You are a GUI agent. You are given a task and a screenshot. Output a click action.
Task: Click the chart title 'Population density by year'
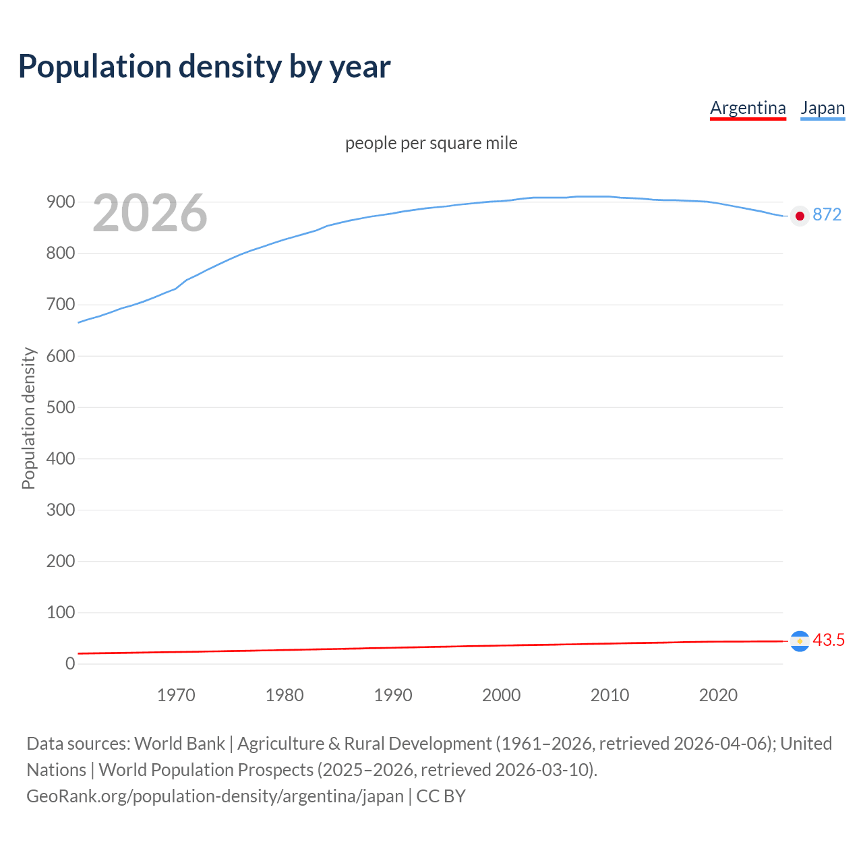pyautogui.click(x=204, y=66)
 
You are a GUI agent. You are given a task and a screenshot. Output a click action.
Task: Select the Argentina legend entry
pyautogui.click(x=748, y=108)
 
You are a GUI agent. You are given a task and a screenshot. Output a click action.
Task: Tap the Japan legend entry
pyautogui.click(x=823, y=108)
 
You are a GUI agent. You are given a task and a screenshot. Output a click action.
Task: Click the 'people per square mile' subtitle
pyautogui.click(x=431, y=143)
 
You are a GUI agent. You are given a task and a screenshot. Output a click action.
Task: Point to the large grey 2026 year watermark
pyautogui.click(x=150, y=213)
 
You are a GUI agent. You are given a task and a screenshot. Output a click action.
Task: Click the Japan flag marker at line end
pyautogui.click(x=800, y=216)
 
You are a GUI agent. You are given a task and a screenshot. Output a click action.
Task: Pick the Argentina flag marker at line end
pyautogui.click(x=800, y=641)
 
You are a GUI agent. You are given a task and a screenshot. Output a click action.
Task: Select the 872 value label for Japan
pyautogui.click(x=827, y=214)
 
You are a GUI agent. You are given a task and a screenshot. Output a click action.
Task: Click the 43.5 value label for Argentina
pyautogui.click(x=829, y=640)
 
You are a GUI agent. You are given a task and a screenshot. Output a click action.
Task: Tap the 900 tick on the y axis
pyautogui.click(x=60, y=202)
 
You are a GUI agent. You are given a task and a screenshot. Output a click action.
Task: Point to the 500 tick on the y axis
pyautogui.click(x=60, y=407)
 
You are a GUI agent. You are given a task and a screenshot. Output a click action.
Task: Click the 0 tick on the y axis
pyautogui.click(x=70, y=663)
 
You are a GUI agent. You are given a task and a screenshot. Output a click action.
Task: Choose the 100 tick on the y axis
pyautogui.click(x=60, y=612)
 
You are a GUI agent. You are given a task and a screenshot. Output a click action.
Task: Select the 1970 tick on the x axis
pyautogui.click(x=176, y=695)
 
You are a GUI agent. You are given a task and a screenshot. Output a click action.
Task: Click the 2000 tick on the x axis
pyautogui.click(x=501, y=695)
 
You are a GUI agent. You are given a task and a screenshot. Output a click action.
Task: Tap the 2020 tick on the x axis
pyautogui.click(x=718, y=695)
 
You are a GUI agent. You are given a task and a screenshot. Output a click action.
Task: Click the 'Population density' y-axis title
pyautogui.click(x=28, y=418)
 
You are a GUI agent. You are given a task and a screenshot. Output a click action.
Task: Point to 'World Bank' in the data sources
pyautogui.click(x=179, y=743)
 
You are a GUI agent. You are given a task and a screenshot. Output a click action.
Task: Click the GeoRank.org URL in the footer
pyautogui.click(x=215, y=796)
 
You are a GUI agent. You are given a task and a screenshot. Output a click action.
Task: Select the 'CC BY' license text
pyautogui.click(x=441, y=796)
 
